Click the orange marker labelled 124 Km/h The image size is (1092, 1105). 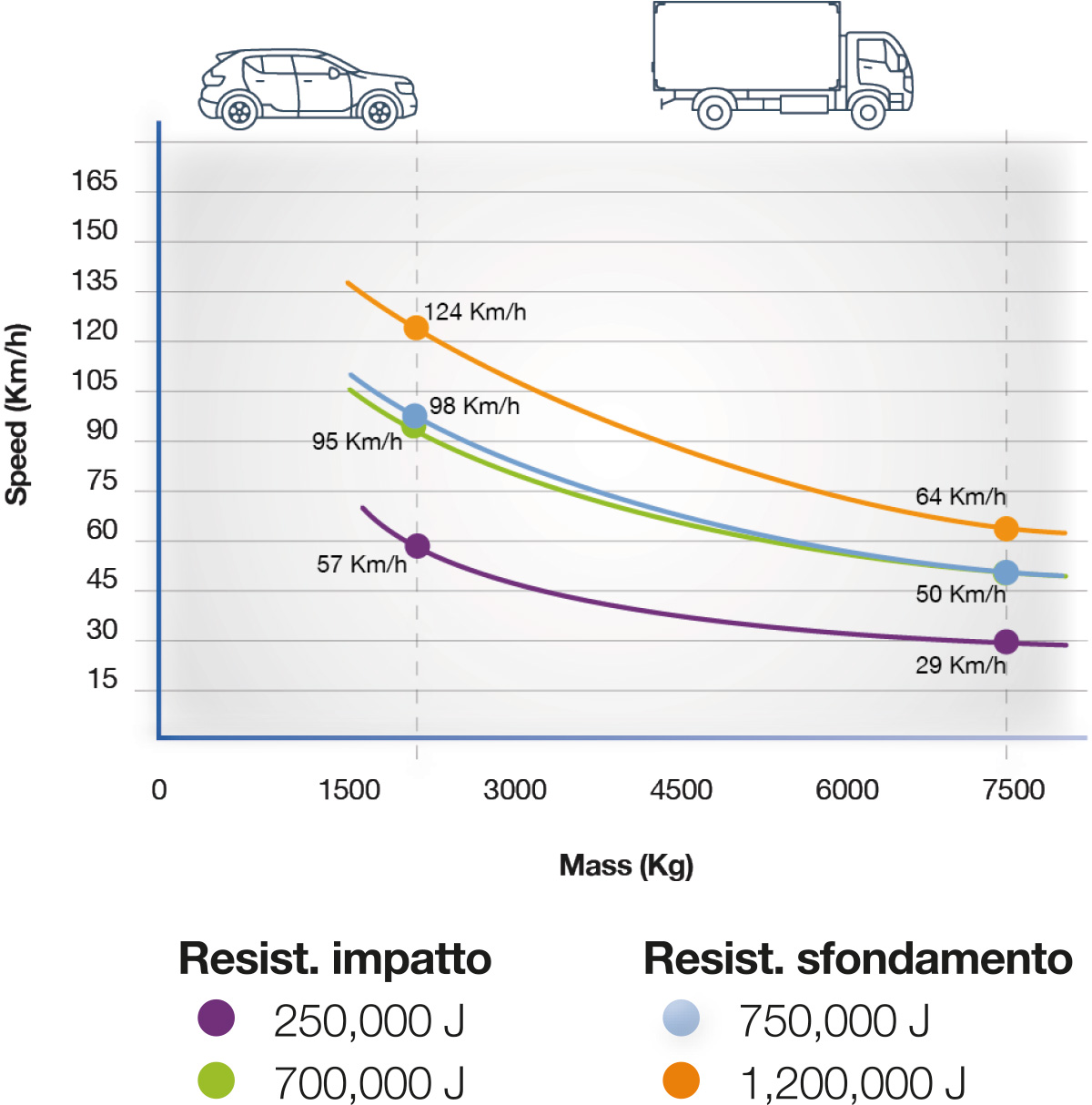tap(416, 328)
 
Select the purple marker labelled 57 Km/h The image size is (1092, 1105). tap(417, 546)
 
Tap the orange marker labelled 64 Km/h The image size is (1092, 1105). tap(1006, 529)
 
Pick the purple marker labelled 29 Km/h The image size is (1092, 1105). tap(1006, 642)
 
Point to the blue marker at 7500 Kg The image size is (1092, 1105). tap(1006, 573)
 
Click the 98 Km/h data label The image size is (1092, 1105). tap(474, 406)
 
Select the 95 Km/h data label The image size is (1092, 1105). tap(357, 441)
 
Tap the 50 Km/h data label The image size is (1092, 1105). tap(960, 594)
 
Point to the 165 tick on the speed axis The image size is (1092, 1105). tap(95, 181)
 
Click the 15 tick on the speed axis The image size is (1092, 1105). tap(103, 679)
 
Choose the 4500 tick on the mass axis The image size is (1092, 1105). tap(681, 789)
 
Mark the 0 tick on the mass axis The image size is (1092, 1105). tap(159, 789)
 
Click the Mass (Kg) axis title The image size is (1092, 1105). tap(626, 865)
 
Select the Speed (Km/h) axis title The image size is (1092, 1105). tap(17, 414)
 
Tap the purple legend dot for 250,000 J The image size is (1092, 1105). tap(217, 1018)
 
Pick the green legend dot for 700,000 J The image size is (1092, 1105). tap(217, 1080)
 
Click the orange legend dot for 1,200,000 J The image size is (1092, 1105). tap(682, 1080)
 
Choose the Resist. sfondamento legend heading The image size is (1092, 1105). tap(857, 958)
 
